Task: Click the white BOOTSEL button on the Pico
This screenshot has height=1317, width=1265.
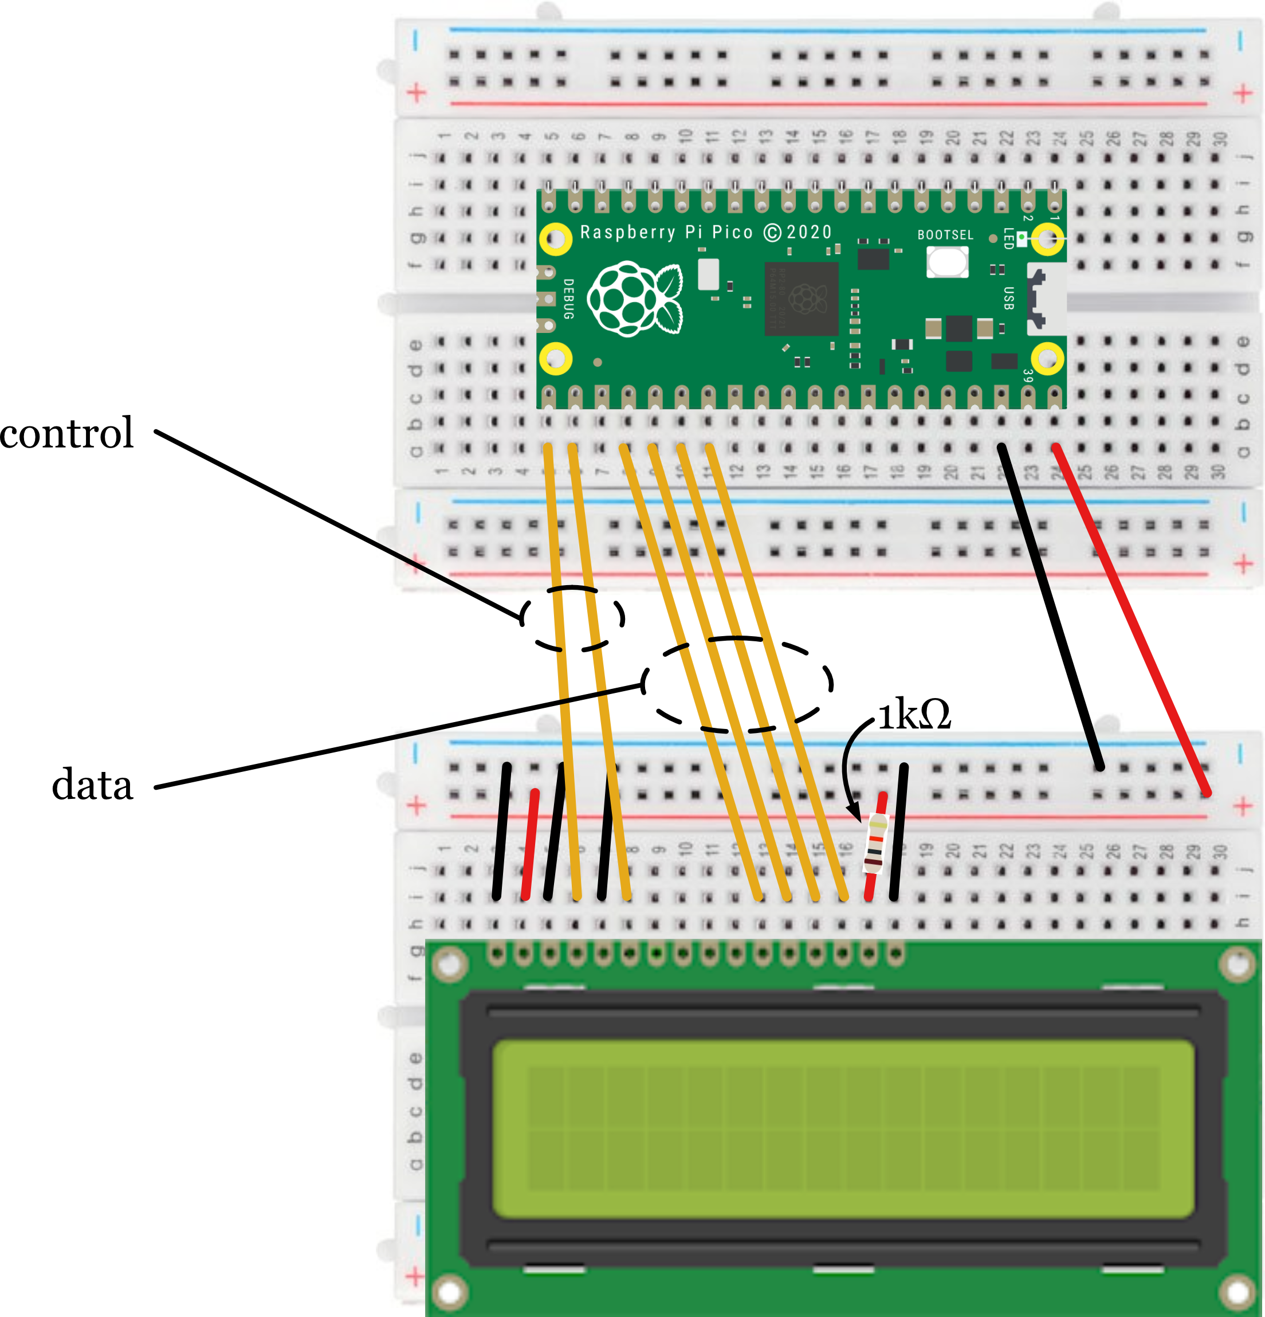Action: (x=947, y=261)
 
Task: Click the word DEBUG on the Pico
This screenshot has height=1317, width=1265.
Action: (x=568, y=299)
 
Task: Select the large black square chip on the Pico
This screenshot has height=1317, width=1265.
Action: (x=802, y=299)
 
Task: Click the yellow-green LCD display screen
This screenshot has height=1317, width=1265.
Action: (x=843, y=1129)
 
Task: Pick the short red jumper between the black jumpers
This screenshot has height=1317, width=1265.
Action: (x=530, y=845)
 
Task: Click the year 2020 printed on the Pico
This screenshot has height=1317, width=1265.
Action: (x=810, y=233)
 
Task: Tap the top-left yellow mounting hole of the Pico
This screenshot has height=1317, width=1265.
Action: (x=556, y=238)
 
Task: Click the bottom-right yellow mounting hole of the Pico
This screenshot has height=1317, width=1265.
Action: (x=1047, y=358)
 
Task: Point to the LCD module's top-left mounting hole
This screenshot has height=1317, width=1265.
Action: (x=450, y=966)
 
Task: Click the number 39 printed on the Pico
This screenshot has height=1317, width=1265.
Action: (x=1028, y=377)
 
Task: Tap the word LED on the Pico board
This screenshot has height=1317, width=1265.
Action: (x=1008, y=238)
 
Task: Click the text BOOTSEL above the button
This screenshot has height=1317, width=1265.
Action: (x=945, y=235)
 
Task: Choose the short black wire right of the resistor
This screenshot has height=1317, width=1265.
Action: (x=899, y=832)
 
